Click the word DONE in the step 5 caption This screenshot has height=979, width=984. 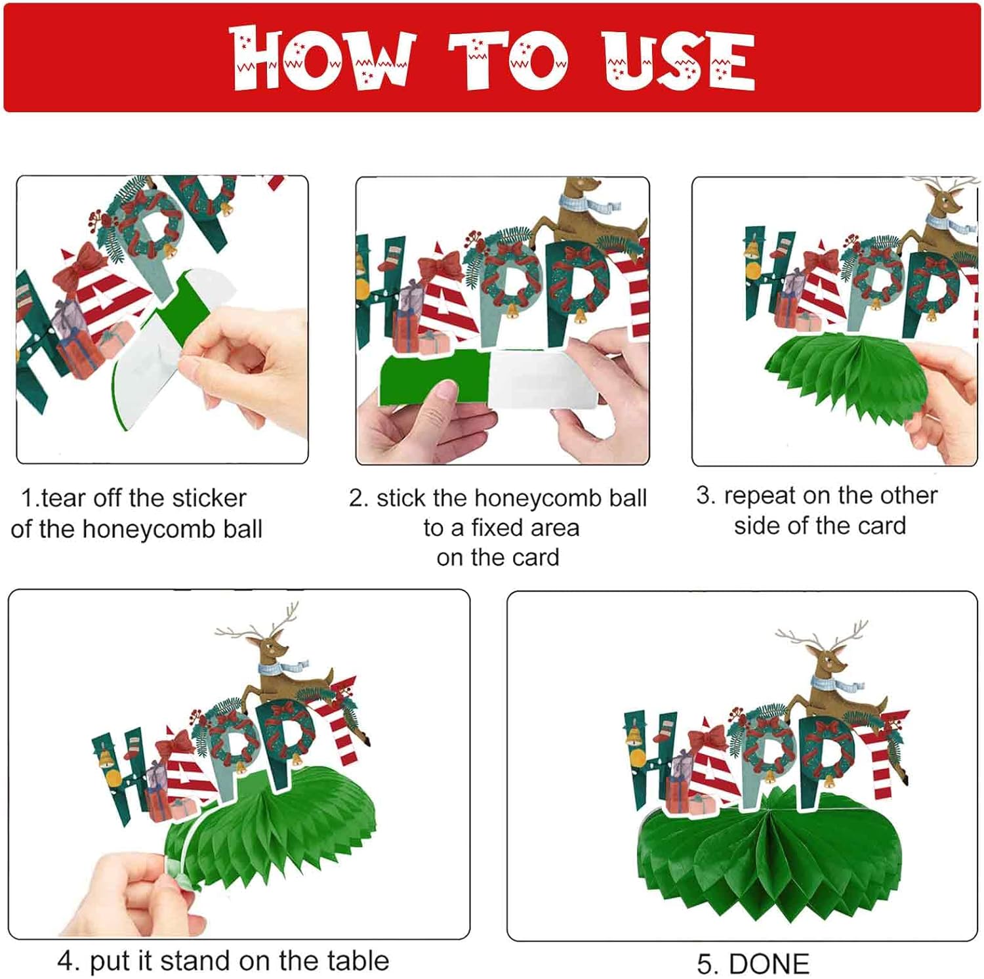coord(769,963)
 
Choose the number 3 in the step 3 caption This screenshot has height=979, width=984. coord(703,495)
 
